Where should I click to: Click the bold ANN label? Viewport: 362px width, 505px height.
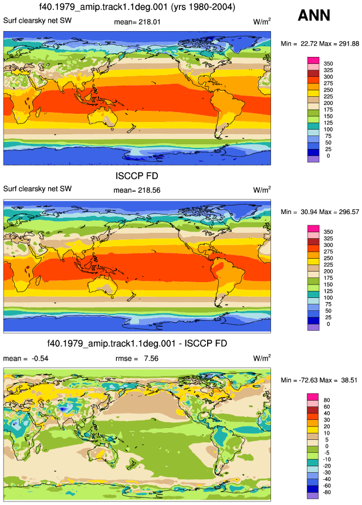pyautogui.click(x=314, y=15)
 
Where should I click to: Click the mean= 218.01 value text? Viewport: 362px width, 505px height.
pyautogui.click(x=137, y=22)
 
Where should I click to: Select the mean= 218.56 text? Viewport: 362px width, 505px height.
pyautogui.click(x=137, y=190)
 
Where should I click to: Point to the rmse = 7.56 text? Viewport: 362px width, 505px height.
pyautogui.click(x=137, y=358)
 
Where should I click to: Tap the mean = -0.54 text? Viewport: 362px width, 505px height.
pyautogui.click(x=26, y=358)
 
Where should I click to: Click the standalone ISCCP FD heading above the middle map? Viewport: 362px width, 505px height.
pyautogui.click(x=137, y=176)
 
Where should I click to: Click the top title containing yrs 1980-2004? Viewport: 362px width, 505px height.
pyautogui.click(x=137, y=7)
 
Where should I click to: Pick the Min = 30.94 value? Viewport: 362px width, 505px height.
pyautogui.click(x=299, y=212)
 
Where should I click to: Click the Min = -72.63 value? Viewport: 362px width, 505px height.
pyautogui.click(x=299, y=380)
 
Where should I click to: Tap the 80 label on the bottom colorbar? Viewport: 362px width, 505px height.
pyautogui.click(x=327, y=400)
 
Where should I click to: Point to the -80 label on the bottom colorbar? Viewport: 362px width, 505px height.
pyautogui.click(x=326, y=492)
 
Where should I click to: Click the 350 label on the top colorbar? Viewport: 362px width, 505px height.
pyautogui.click(x=328, y=64)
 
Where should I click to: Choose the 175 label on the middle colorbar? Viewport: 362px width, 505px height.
pyautogui.click(x=328, y=278)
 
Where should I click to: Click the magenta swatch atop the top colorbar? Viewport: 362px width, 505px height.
pyautogui.click(x=313, y=60)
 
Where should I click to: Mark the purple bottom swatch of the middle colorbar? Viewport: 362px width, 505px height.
pyautogui.click(x=313, y=327)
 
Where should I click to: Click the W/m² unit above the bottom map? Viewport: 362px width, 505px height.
pyautogui.click(x=262, y=358)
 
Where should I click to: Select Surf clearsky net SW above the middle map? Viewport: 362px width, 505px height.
pyautogui.click(x=38, y=189)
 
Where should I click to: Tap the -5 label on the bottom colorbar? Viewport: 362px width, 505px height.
pyautogui.click(x=327, y=453)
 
